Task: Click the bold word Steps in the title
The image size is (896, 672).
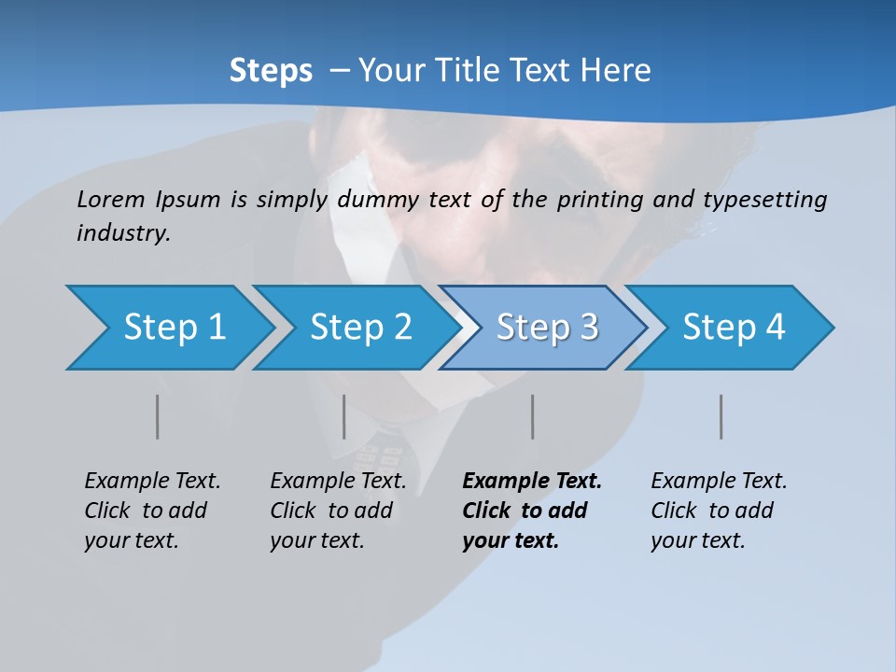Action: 271,70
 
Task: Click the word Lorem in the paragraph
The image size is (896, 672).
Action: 111,199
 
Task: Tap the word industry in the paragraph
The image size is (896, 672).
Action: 123,232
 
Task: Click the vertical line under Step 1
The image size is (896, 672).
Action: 158,416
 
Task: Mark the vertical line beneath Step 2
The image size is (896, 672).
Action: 344,416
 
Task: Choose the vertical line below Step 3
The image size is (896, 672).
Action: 533,416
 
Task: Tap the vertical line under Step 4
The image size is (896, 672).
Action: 721,416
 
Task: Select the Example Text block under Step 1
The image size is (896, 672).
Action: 152,510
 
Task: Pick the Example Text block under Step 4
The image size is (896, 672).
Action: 719,510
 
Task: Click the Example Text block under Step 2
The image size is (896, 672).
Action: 338,510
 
